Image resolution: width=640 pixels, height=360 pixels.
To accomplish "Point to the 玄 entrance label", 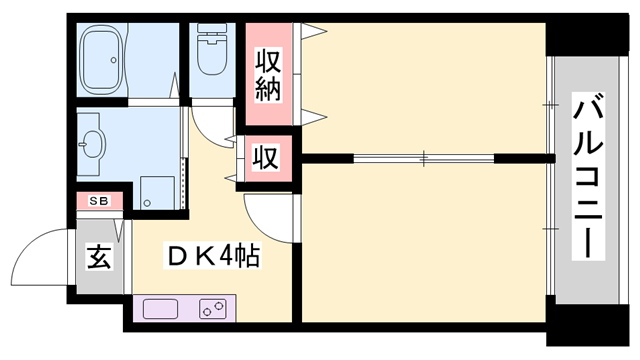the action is (x=98, y=257).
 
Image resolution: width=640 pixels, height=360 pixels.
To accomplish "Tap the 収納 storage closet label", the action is (x=272, y=73).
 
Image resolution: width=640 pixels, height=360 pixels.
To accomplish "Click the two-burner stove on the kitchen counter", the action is (x=214, y=307).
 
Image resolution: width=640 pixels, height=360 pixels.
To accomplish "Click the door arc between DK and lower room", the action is (x=264, y=215).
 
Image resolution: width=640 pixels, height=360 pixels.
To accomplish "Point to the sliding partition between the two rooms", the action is (x=424, y=158).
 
